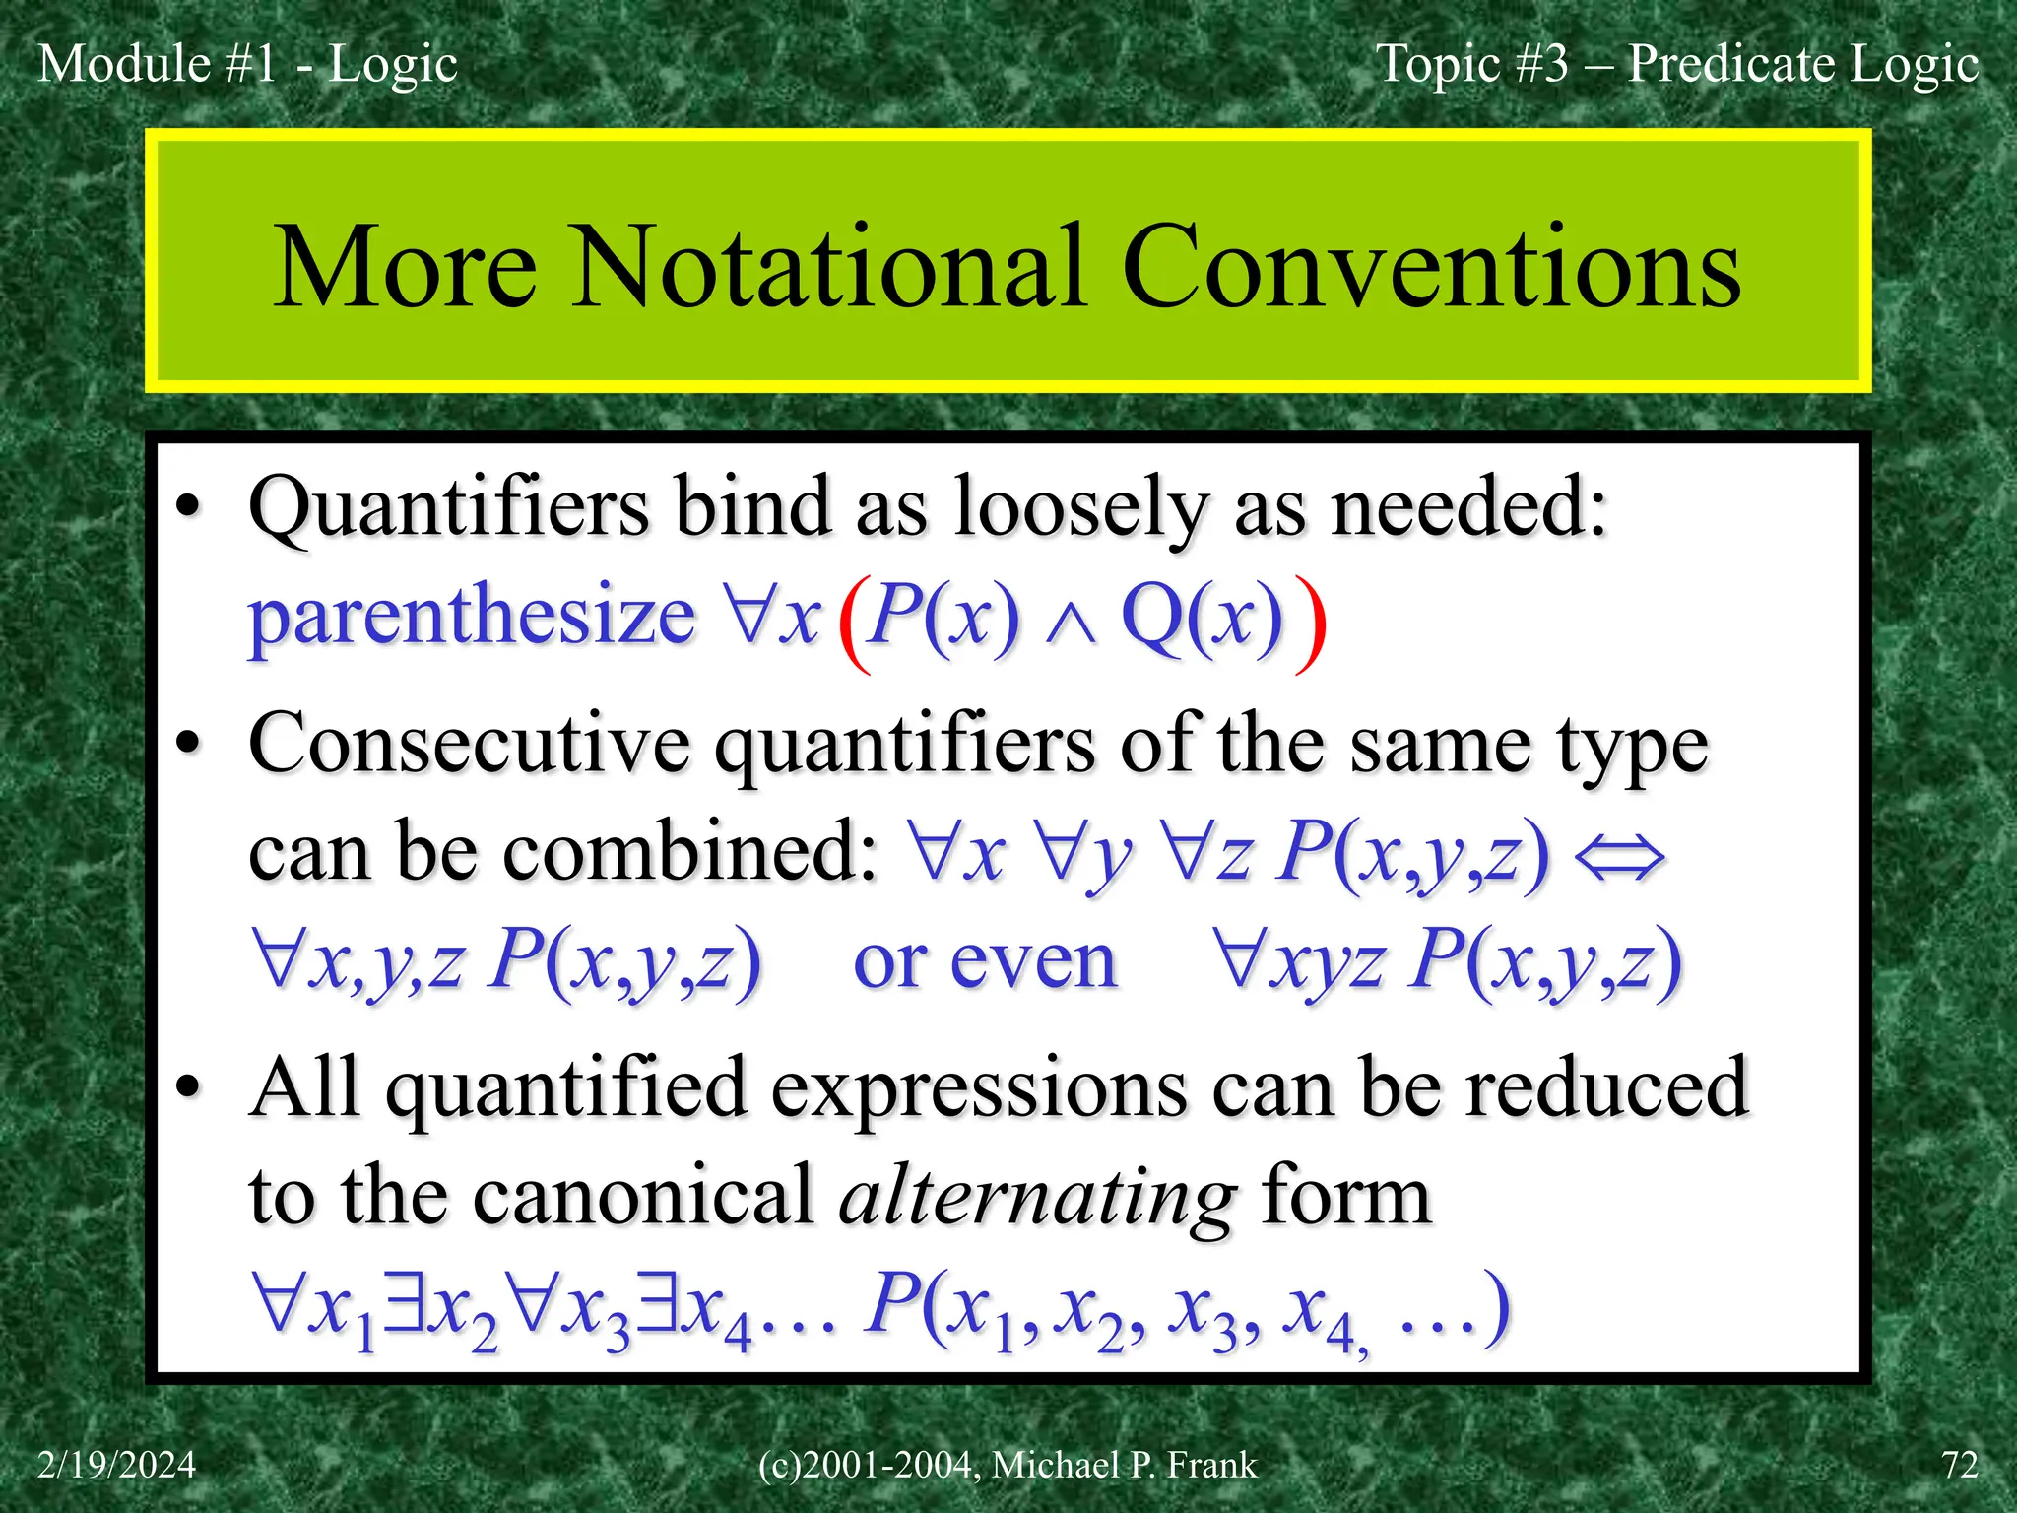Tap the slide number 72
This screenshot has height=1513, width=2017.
pyautogui.click(x=1959, y=1465)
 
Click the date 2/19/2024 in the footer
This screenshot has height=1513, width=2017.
pyautogui.click(x=116, y=1465)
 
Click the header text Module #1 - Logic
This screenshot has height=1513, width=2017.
pyautogui.click(x=247, y=65)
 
